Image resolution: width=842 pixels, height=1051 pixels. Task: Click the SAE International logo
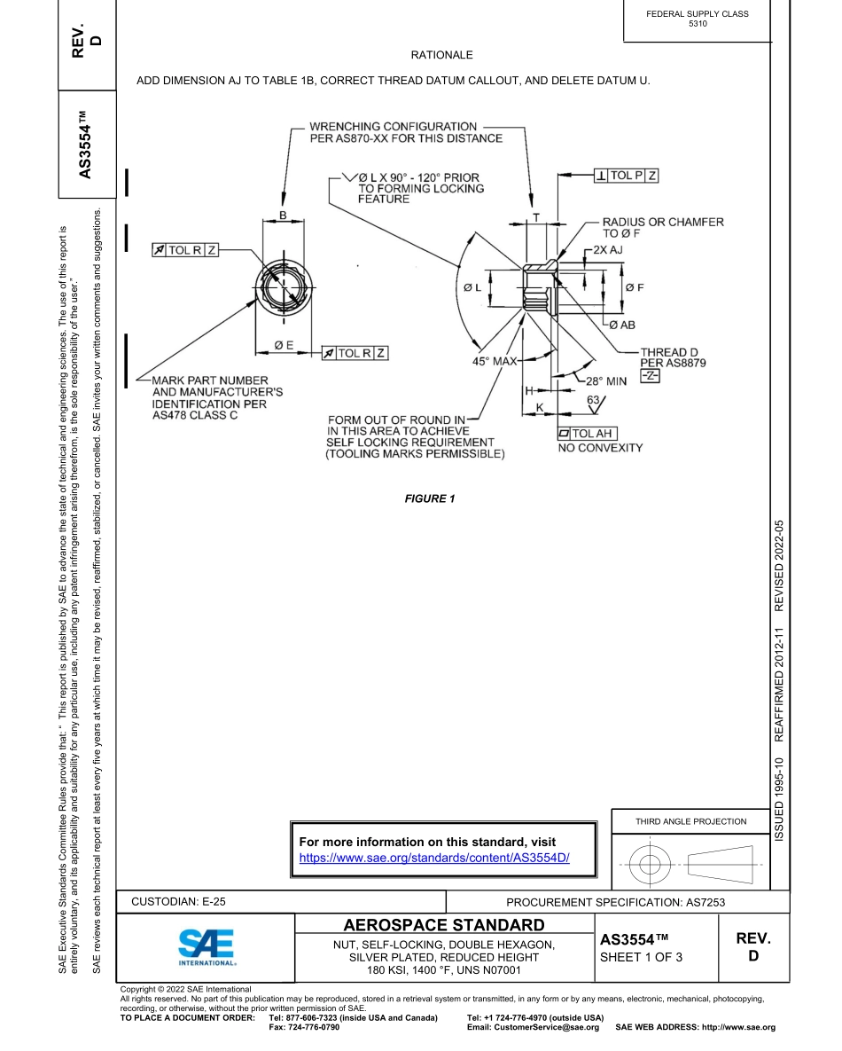tap(206, 948)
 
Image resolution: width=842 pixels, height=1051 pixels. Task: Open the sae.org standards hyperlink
tap(433, 858)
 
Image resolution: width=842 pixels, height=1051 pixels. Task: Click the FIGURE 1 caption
tap(429, 498)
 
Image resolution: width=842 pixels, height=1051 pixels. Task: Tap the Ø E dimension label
tap(284, 345)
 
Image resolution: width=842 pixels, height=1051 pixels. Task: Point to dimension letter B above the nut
tap(282, 215)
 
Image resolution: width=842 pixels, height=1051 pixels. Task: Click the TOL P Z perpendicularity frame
tap(627, 176)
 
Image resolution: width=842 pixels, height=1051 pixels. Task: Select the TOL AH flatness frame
tap(587, 433)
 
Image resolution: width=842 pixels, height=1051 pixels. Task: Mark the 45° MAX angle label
tap(494, 361)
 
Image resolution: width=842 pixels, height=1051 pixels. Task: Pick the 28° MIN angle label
tap(607, 380)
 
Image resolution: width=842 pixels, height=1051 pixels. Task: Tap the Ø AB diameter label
tap(621, 325)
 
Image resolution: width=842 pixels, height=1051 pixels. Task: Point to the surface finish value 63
tap(594, 400)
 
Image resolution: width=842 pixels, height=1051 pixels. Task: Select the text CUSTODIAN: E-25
tap(178, 901)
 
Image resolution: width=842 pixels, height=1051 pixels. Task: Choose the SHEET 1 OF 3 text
tap(641, 957)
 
